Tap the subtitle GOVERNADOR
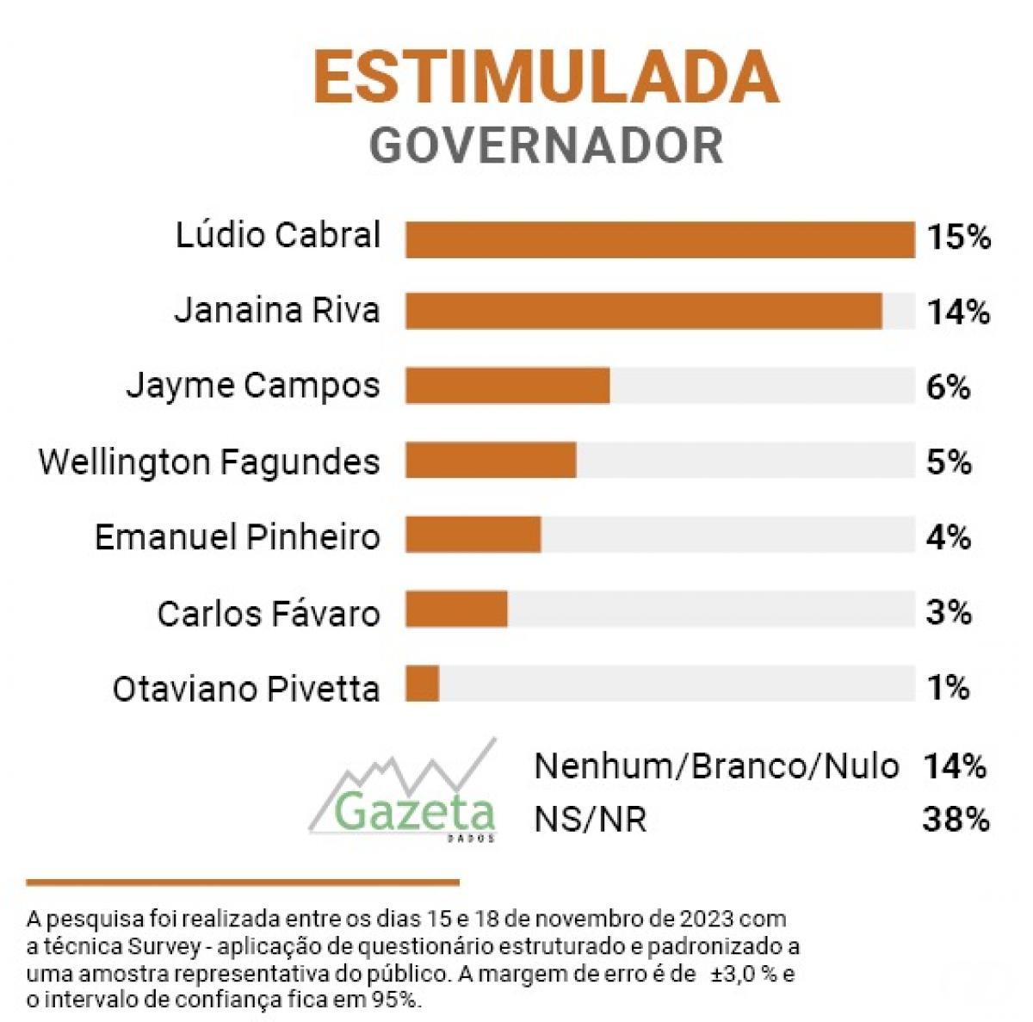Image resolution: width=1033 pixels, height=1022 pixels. (x=546, y=145)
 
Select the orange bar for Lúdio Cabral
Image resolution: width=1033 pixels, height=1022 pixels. (x=659, y=238)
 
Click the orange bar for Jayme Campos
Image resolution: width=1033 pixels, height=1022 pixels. (x=508, y=385)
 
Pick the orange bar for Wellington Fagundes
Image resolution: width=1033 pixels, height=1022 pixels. (x=491, y=461)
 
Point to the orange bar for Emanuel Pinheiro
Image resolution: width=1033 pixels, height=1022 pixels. (x=473, y=536)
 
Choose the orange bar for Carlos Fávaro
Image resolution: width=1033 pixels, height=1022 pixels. (x=456, y=610)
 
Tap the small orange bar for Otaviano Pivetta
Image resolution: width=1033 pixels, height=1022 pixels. (x=423, y=684)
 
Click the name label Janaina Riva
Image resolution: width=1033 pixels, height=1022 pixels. (x=276, y=310)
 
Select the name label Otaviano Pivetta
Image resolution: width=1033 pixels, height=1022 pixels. (x=246, y=689)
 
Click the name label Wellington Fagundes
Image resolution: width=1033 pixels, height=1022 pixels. (x=209, y=462)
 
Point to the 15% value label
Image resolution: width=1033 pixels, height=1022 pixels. (x=958, y=237)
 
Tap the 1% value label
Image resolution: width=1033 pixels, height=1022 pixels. (x=949, y=687)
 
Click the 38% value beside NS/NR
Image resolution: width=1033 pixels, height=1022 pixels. (x=955, y=820)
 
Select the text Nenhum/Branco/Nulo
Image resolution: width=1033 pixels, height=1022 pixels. (x=716, y=765)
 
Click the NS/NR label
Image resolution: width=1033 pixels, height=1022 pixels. (x=590, y=820)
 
